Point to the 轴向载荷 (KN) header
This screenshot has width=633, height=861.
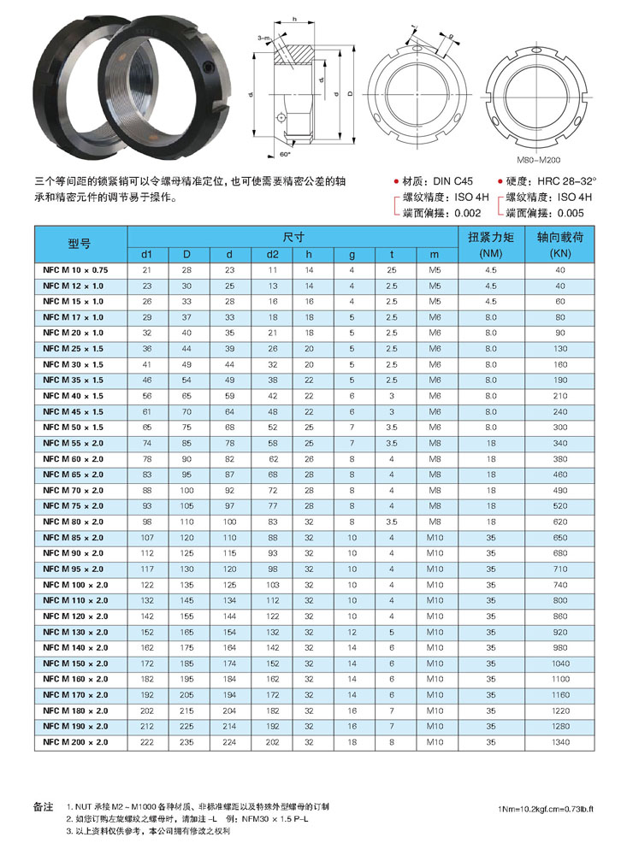pyautogui.click(x=560, y=245)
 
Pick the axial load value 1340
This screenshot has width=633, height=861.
pyautogui.click(x=560, y=743)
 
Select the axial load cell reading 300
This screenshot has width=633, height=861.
pyautogui.click(x=560, y=427)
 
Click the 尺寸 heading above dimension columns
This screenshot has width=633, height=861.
pyautogui.click(x=293, y=235)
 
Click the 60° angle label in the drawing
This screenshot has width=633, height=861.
pyautogui.click(x=286, y=155)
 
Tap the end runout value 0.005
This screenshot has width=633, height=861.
pyautogui.click(x=570, y=213)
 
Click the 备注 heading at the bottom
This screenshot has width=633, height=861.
pyautogui.click(x=43, y=806)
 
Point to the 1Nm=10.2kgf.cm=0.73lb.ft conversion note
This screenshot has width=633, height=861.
pyautogui.click(x=549, y=809)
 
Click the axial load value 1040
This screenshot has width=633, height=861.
pyautogui.click(x=560, y=663)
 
